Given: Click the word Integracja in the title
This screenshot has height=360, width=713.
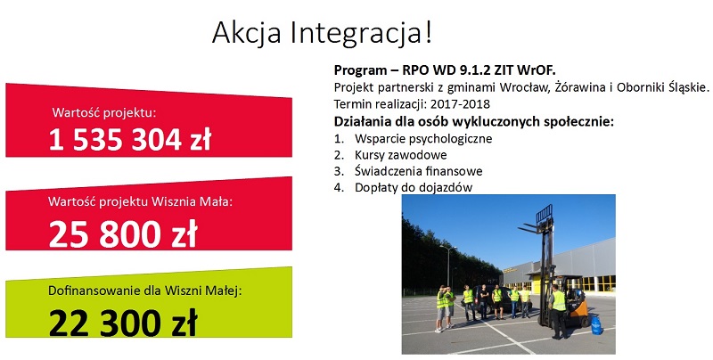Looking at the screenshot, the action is click(x=361, y=33).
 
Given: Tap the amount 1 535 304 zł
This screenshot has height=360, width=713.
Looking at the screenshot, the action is click(x=130, y=139).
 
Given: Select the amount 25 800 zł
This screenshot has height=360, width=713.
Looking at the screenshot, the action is click(x=123, y=233).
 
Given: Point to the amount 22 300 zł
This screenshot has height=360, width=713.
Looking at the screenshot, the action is click(x=123, y=323).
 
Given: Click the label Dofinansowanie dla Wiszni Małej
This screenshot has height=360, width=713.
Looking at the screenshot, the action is click(x=145, y=290).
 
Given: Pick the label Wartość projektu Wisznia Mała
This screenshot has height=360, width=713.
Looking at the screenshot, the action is click(x=140, y=201).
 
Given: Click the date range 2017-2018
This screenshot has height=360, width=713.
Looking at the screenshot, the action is click(x=461, y=104).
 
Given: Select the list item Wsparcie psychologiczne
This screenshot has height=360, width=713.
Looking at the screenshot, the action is click(x=423, y=138).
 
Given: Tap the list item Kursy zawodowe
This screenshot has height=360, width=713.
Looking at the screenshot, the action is click(x=400, y=155).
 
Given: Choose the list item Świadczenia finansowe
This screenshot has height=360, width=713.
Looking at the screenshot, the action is click(x=418, y=171).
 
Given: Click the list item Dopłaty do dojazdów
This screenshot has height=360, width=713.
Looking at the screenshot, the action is click(x=414, y=187).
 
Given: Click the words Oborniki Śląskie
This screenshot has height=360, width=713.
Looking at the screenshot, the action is click(x=663, y=87).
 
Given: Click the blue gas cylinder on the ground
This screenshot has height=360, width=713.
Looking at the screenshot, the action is click(x=596, y=326).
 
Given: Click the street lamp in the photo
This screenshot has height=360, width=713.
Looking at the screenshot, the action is click(x=449, y=266).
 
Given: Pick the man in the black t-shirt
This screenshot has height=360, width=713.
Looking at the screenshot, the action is click(x=484, y=301).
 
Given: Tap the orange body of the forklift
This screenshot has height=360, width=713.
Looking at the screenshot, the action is click(x=577, y=306).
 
